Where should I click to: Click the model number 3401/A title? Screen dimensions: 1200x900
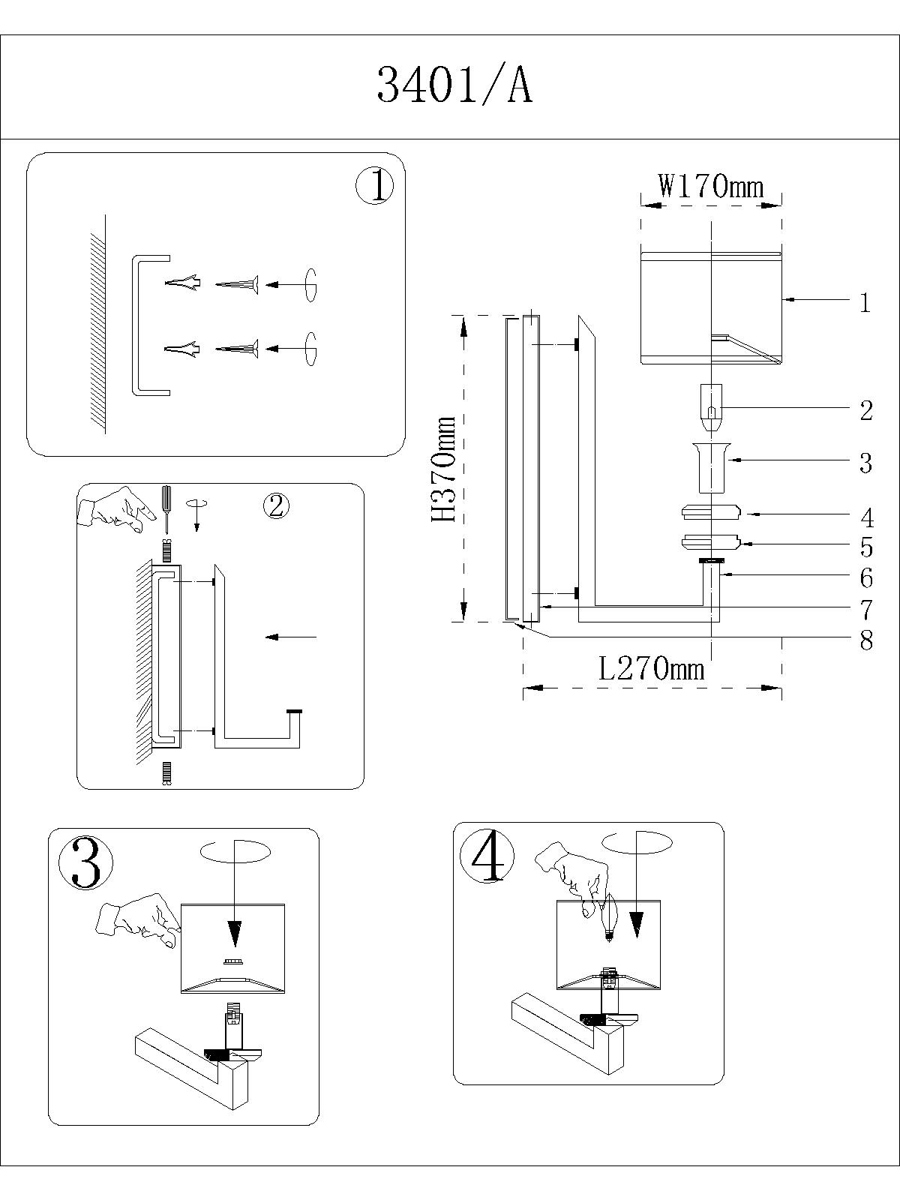tap(454, 85)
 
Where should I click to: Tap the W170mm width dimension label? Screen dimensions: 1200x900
tap(711, 185)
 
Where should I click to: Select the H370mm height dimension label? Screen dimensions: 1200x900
tap(444, 469)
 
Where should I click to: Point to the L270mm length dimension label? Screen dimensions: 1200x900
tap(652, 667)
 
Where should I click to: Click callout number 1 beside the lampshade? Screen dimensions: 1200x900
tap(865, 303)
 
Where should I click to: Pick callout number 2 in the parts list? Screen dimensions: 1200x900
tap(866, 410)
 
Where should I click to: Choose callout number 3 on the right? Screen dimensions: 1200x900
tap(866, 463)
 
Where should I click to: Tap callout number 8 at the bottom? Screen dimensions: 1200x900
tap(867, 640)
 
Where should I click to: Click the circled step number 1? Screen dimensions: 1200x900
tap(374, 185)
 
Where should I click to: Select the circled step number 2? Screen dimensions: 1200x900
tap(276, 506)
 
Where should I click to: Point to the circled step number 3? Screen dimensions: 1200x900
tap(85, 862)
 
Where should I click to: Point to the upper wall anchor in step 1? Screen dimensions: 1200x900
tap(182, 283)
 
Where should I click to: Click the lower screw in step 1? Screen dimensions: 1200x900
tap(237, 349)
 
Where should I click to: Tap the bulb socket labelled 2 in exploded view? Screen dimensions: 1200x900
tap(711, 407)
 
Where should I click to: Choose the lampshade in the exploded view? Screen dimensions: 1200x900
tap(711, 307)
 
